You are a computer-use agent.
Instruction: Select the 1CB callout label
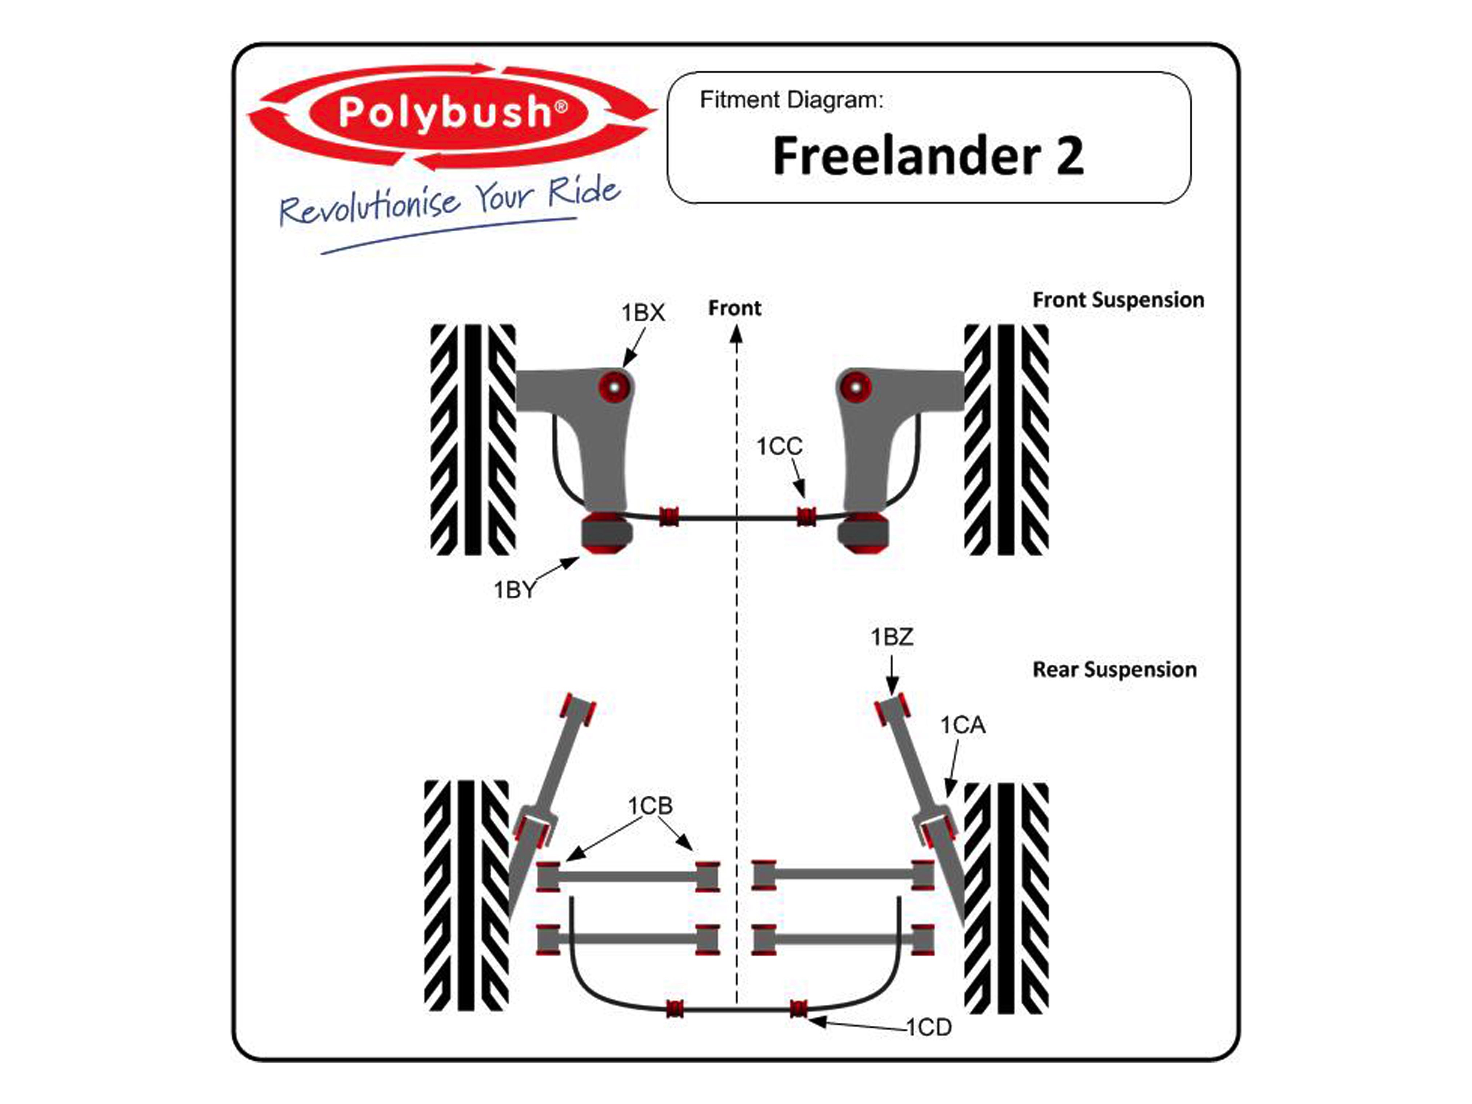[650, 806]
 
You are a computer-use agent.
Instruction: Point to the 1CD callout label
[929, 1028]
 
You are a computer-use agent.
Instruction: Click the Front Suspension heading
[1118, 300]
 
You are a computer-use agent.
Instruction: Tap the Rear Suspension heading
[1114, 669]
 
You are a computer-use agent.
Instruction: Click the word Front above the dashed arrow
[734, 308]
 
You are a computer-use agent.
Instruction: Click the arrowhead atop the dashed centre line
[736, 333]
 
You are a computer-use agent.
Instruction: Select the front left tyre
[472, 439]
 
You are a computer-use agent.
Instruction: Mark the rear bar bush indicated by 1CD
[799, 1009]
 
